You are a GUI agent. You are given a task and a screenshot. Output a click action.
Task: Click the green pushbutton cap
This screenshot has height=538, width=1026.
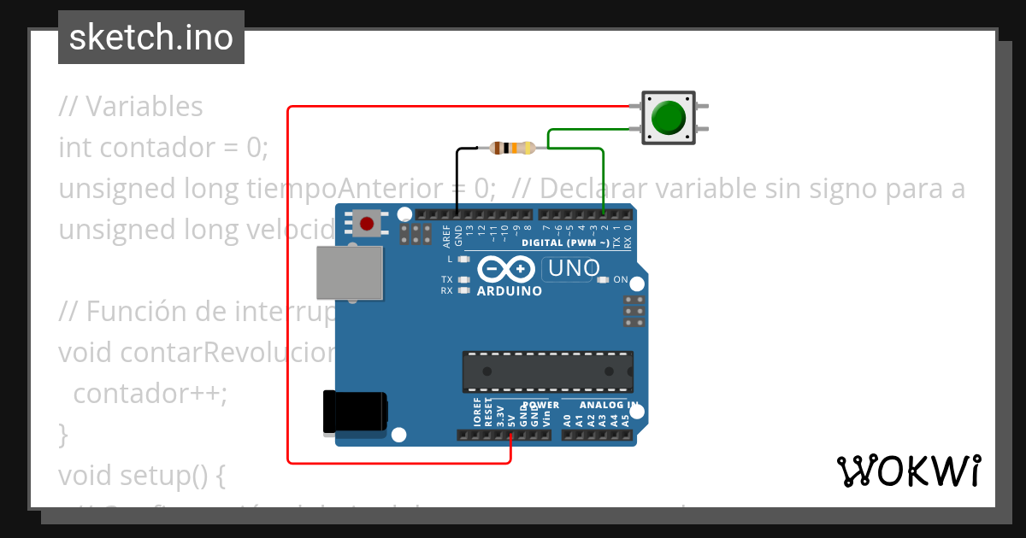pos(668,118)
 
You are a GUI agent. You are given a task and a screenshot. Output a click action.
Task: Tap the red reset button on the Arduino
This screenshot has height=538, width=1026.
pos(367,224)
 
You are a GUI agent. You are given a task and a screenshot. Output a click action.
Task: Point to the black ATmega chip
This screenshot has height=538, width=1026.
pos(548,371)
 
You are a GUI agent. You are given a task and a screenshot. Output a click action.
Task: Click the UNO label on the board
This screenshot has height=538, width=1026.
pos(573,269)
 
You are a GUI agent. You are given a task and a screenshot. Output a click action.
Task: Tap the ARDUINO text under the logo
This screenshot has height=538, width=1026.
pos(510,291)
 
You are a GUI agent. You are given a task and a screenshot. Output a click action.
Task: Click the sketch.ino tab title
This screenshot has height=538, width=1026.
pos(151,38)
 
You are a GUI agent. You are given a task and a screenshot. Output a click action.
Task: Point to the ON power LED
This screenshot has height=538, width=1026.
pos(603,280)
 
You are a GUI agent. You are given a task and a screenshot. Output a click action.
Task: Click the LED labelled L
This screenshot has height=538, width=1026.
pos(464,258)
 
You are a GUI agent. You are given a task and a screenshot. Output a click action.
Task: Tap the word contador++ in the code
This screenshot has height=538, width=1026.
pos(150,394)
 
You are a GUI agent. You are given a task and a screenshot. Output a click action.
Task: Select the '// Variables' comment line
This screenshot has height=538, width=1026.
pos(131,107)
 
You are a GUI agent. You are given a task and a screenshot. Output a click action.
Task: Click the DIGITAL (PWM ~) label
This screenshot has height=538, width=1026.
pos(566,243)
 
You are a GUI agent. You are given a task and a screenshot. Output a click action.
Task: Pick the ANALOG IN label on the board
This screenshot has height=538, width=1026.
pos(608,405)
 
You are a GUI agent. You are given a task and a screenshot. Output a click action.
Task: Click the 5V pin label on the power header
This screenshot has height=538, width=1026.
pos(511,418)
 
